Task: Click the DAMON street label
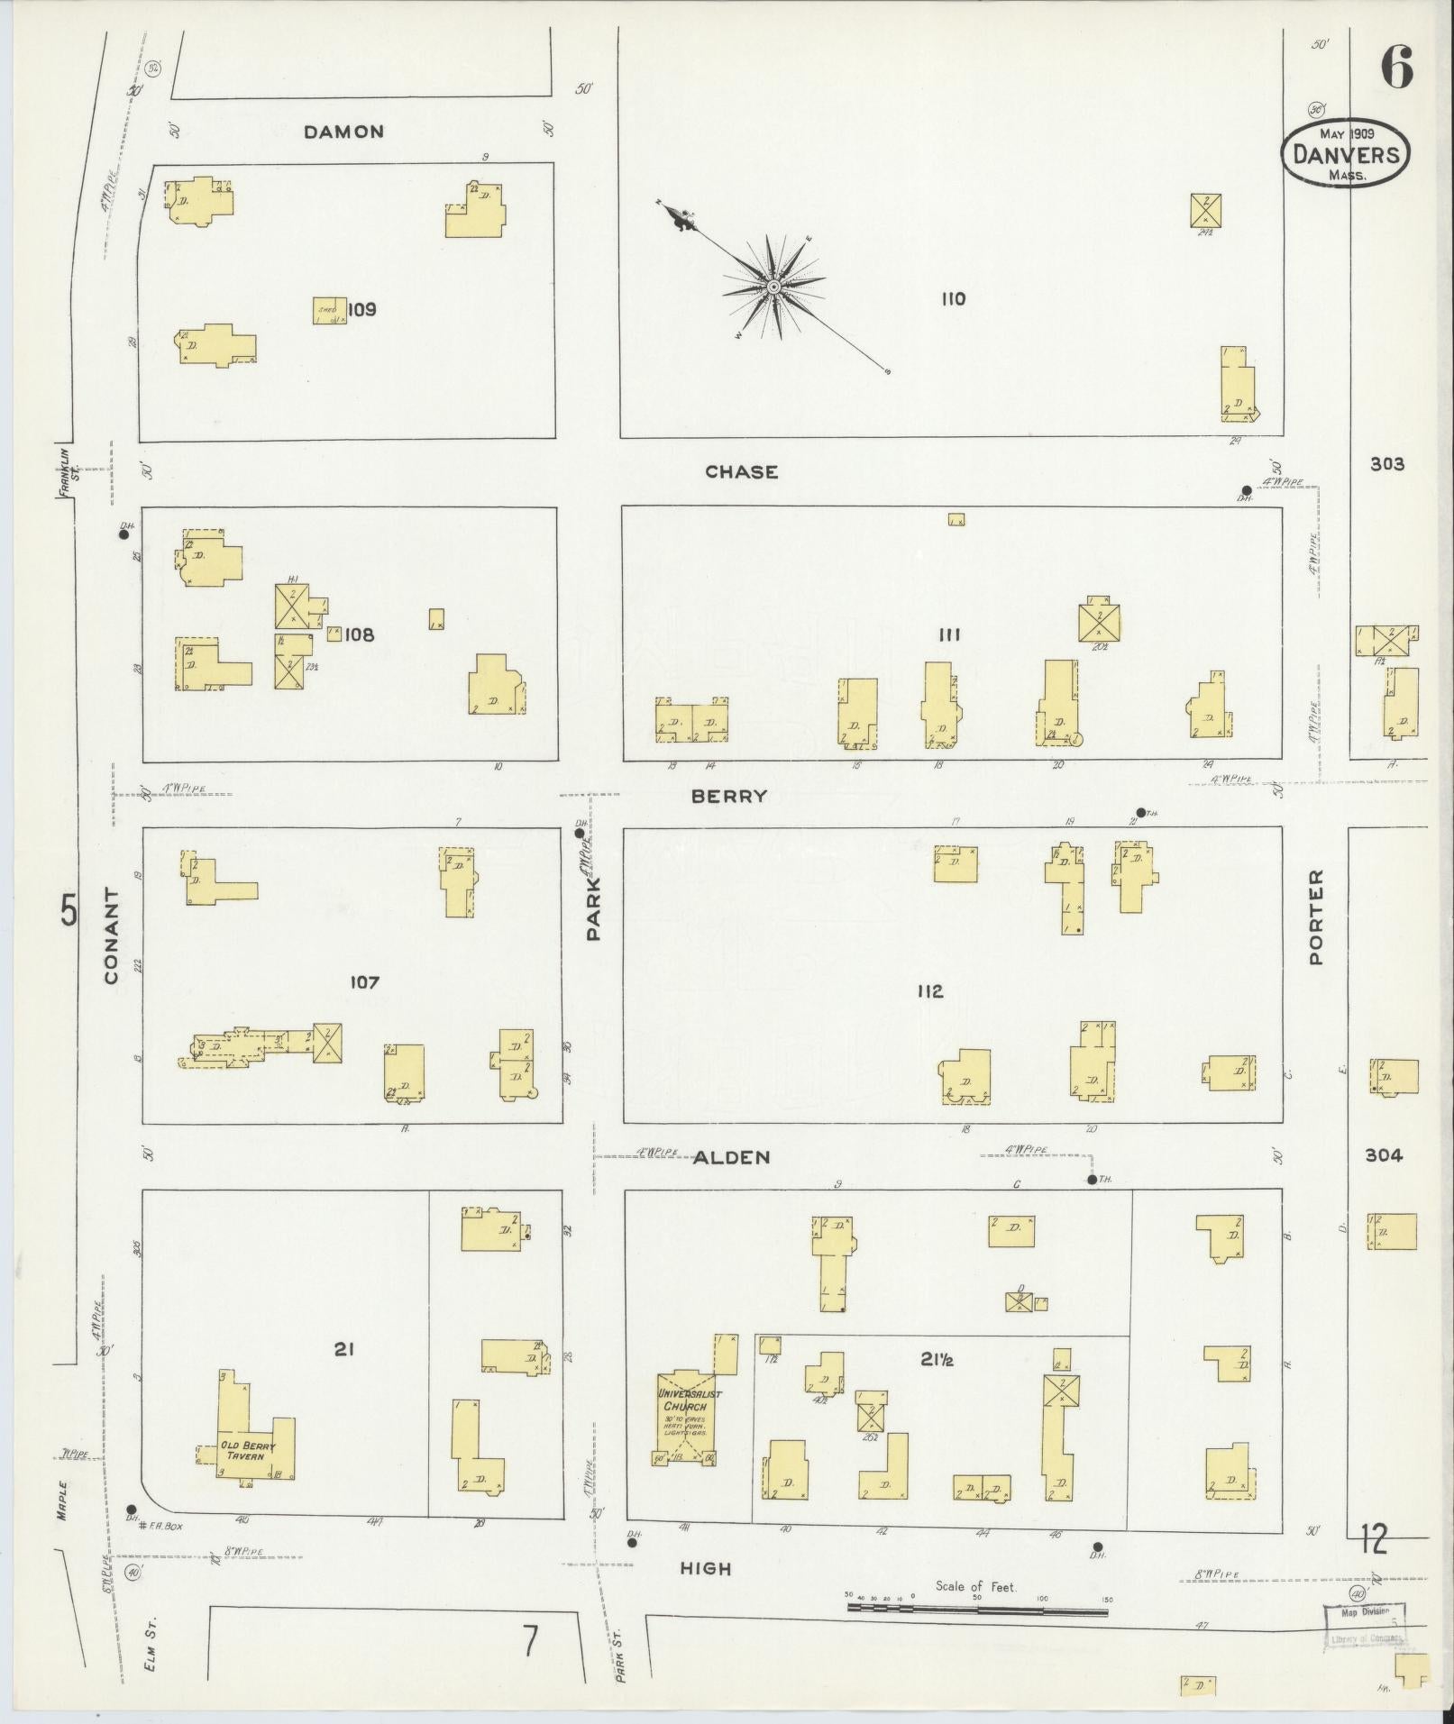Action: click(343, 132)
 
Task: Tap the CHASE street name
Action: click(741, 471)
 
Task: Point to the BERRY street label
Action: click(742, 796)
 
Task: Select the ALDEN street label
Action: click(733, 1157)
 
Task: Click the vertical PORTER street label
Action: click(1316, 917)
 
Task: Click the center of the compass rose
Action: click(773, 287)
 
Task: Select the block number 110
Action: click(953, 299)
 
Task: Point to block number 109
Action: click(361, 310)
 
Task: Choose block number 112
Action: click(929, 991)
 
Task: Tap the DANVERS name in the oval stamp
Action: click(1346, 154)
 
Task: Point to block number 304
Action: click(1383, 1155)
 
